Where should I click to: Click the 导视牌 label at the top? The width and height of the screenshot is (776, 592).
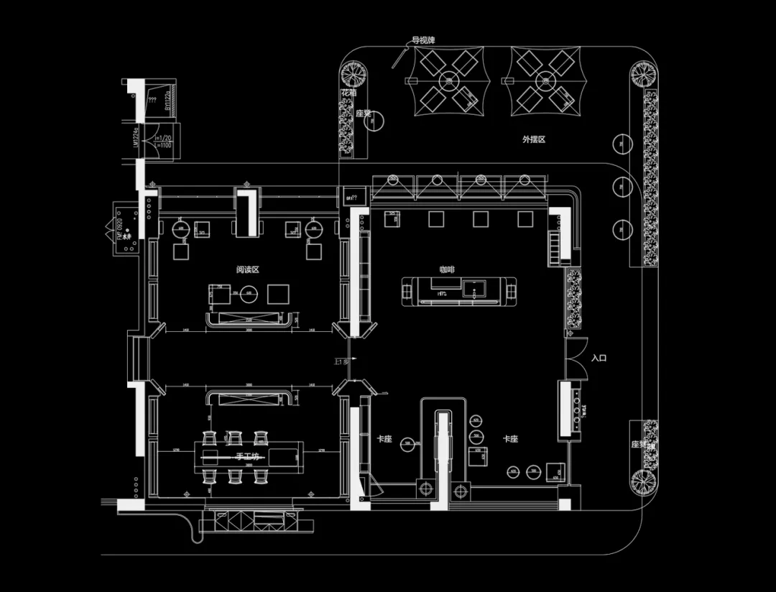click(422, 40)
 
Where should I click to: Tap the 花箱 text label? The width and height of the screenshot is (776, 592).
click(348, 93)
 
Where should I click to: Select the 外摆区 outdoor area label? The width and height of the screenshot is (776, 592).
click(534, 139)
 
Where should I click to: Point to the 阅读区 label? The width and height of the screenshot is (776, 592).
click(247, 270)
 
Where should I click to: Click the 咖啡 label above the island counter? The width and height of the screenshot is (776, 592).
click(447, 269)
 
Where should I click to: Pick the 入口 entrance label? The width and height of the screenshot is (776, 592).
click(599, 357)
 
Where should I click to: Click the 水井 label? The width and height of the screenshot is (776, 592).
click(127, 236)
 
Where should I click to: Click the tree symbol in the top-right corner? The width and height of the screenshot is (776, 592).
click(643, 73)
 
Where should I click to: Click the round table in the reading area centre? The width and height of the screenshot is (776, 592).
click(249, 293)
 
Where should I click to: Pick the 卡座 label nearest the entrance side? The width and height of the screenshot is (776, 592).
click(511, 438)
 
